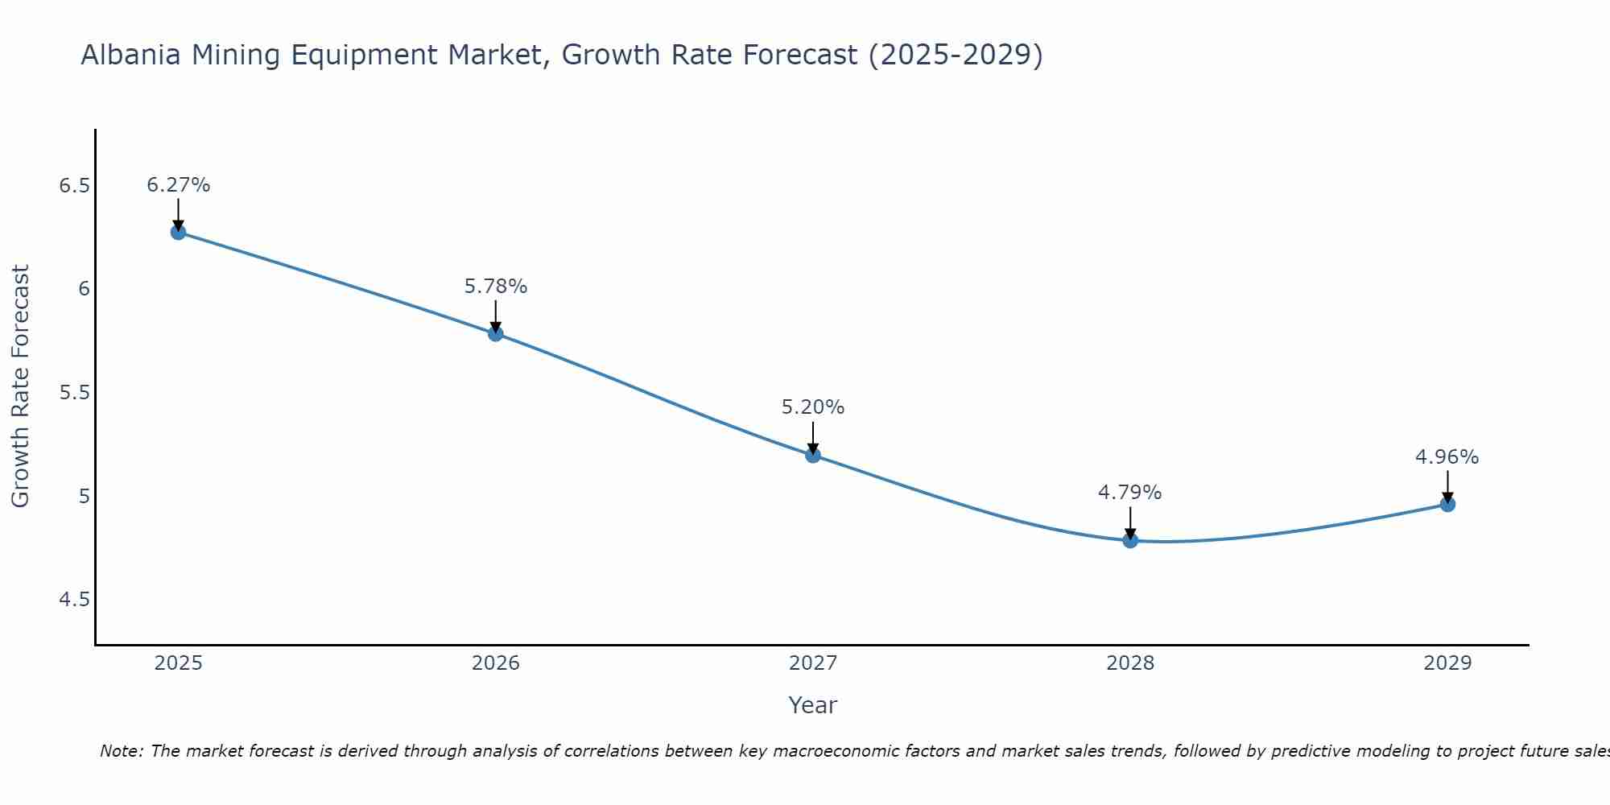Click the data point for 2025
tap(178, 233)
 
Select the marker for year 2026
tap(496, 333)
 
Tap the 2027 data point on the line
tap(813, 455)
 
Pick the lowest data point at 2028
tap(1130, 540)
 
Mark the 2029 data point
tap(1447, 505)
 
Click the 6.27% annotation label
tap(178, 185)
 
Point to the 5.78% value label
tap(496, 287)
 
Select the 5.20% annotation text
tap(813, 407)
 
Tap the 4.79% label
tap(1130, 493)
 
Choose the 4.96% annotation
tap(1447, 457)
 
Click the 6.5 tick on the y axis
tap(74, 186)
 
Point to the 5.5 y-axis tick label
tap(74, 393)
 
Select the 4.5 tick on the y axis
tap(74, 600)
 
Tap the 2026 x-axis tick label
tap(496, 663)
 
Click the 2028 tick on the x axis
tap(1130, 663)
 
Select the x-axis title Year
tap(813, 705)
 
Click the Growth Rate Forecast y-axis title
tap(21, 386)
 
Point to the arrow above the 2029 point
tap(1447, 488)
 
